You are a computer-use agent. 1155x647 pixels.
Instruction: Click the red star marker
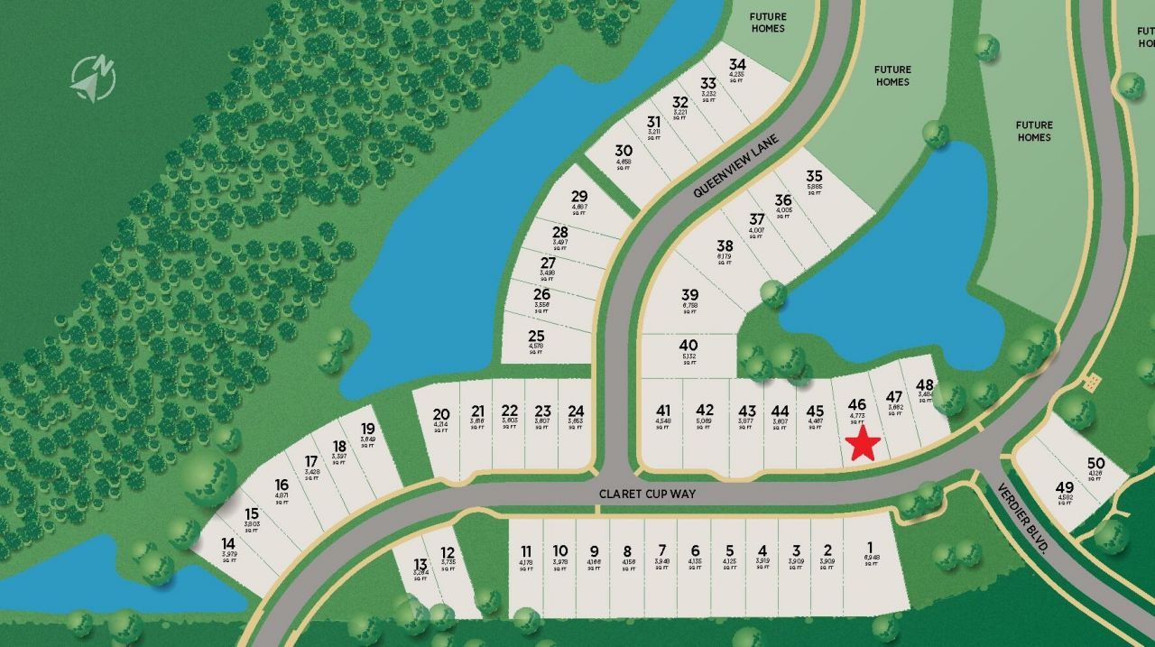[864, 443]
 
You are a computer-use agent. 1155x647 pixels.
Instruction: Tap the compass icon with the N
[94, 78]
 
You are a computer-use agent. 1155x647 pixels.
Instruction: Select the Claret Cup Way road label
[648, 494]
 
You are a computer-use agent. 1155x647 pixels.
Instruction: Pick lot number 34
[738, 65]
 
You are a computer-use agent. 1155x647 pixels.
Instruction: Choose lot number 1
[870, 547]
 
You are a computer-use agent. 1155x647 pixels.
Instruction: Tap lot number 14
[228, 544]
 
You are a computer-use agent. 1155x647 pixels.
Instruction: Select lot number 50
[1096, 464]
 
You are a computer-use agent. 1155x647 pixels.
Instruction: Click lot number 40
[688, 346]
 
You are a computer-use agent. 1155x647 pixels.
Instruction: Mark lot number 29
[579, 197]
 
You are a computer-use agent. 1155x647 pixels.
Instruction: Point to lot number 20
[441, 415]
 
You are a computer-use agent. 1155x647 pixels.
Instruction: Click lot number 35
[814, 177]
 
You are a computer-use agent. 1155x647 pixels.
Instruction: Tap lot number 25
[536, 337]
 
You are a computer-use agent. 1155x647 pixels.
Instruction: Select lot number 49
[1065, 488]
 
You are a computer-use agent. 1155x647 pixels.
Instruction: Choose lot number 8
[627, 550]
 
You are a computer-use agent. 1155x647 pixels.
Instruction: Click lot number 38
[725, 245]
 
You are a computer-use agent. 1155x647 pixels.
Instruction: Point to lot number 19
[367, 430]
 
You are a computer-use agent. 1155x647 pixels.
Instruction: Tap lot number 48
[925, 386]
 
